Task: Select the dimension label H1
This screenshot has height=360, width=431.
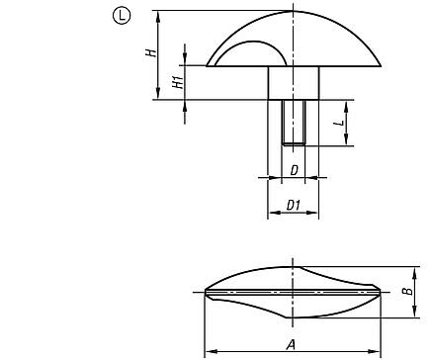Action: [x=179, y=83]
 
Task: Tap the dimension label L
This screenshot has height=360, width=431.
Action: [x=338, y=123]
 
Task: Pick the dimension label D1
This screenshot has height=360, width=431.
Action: [x=293, y=205]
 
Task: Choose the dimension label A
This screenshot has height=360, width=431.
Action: [x=290, y=344]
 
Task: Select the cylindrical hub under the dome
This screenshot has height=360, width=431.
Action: [x=293, y=83]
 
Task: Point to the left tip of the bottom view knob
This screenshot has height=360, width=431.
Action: [x=205, y=292]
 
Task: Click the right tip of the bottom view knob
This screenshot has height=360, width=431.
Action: [x=383, y=292]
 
